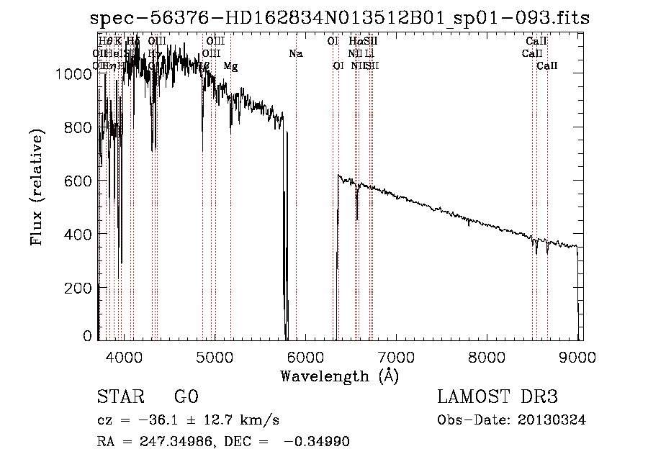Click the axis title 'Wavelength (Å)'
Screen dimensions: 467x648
point(339,376)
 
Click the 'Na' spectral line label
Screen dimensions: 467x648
point(296,54)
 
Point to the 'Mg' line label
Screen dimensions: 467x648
point(230,66)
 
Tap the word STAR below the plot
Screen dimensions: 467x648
point(120,397)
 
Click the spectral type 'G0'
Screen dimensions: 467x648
point(186,397)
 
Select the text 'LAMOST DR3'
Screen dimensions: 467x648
point(498,397)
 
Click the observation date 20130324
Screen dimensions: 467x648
point(552,420)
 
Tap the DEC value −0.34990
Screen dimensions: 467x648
point(317,442)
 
